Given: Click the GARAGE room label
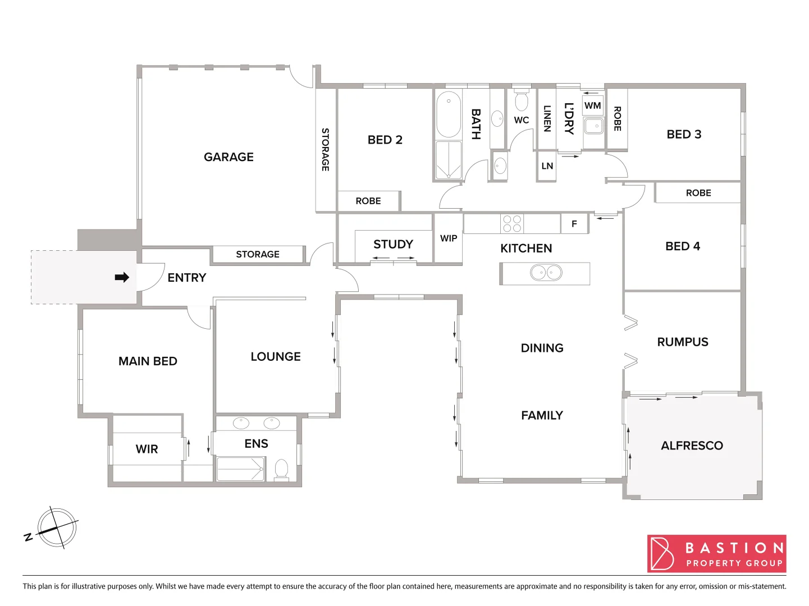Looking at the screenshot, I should point(228,157).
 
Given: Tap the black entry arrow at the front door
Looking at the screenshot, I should point(122,277).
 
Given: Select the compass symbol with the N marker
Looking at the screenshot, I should point(56,528).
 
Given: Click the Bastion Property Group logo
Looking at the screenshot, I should point(716,554).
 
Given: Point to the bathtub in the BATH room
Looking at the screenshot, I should point(449,115).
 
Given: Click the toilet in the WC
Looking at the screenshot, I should point(522,101).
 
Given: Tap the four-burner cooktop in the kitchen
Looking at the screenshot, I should point(512,223).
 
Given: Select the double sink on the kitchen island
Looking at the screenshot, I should point(546,273).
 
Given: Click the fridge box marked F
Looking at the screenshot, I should point(574,224).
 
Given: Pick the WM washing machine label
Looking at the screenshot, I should point(593,105).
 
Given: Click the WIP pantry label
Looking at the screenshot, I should point(449,238).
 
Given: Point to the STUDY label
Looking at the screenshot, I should point(393,244).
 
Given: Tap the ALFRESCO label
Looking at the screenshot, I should point(692,446).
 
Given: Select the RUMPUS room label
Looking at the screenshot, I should point(683,342).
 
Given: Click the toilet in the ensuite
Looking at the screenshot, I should point(281,469).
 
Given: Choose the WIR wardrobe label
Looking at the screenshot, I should point(147,449).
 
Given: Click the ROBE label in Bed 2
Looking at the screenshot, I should point(368,201).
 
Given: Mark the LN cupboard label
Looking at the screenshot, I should point(547,166).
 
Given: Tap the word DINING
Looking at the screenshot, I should point(542,348).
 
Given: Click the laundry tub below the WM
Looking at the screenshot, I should point(593,126).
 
